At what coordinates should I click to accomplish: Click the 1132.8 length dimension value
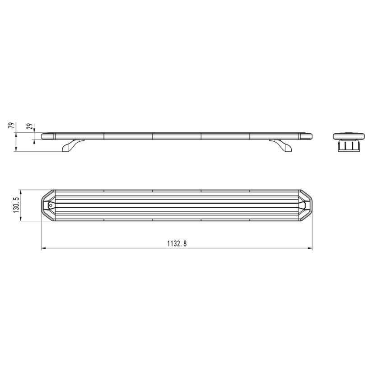pyautogui.click(x=177, y=244)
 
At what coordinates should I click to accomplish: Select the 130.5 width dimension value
pyautogui.click(x=16, y=205)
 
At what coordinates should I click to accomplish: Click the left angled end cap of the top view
pyautogui.click(x=47, y=205)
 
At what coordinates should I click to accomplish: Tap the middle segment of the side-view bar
pyautogui.click(x=177, y=136)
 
